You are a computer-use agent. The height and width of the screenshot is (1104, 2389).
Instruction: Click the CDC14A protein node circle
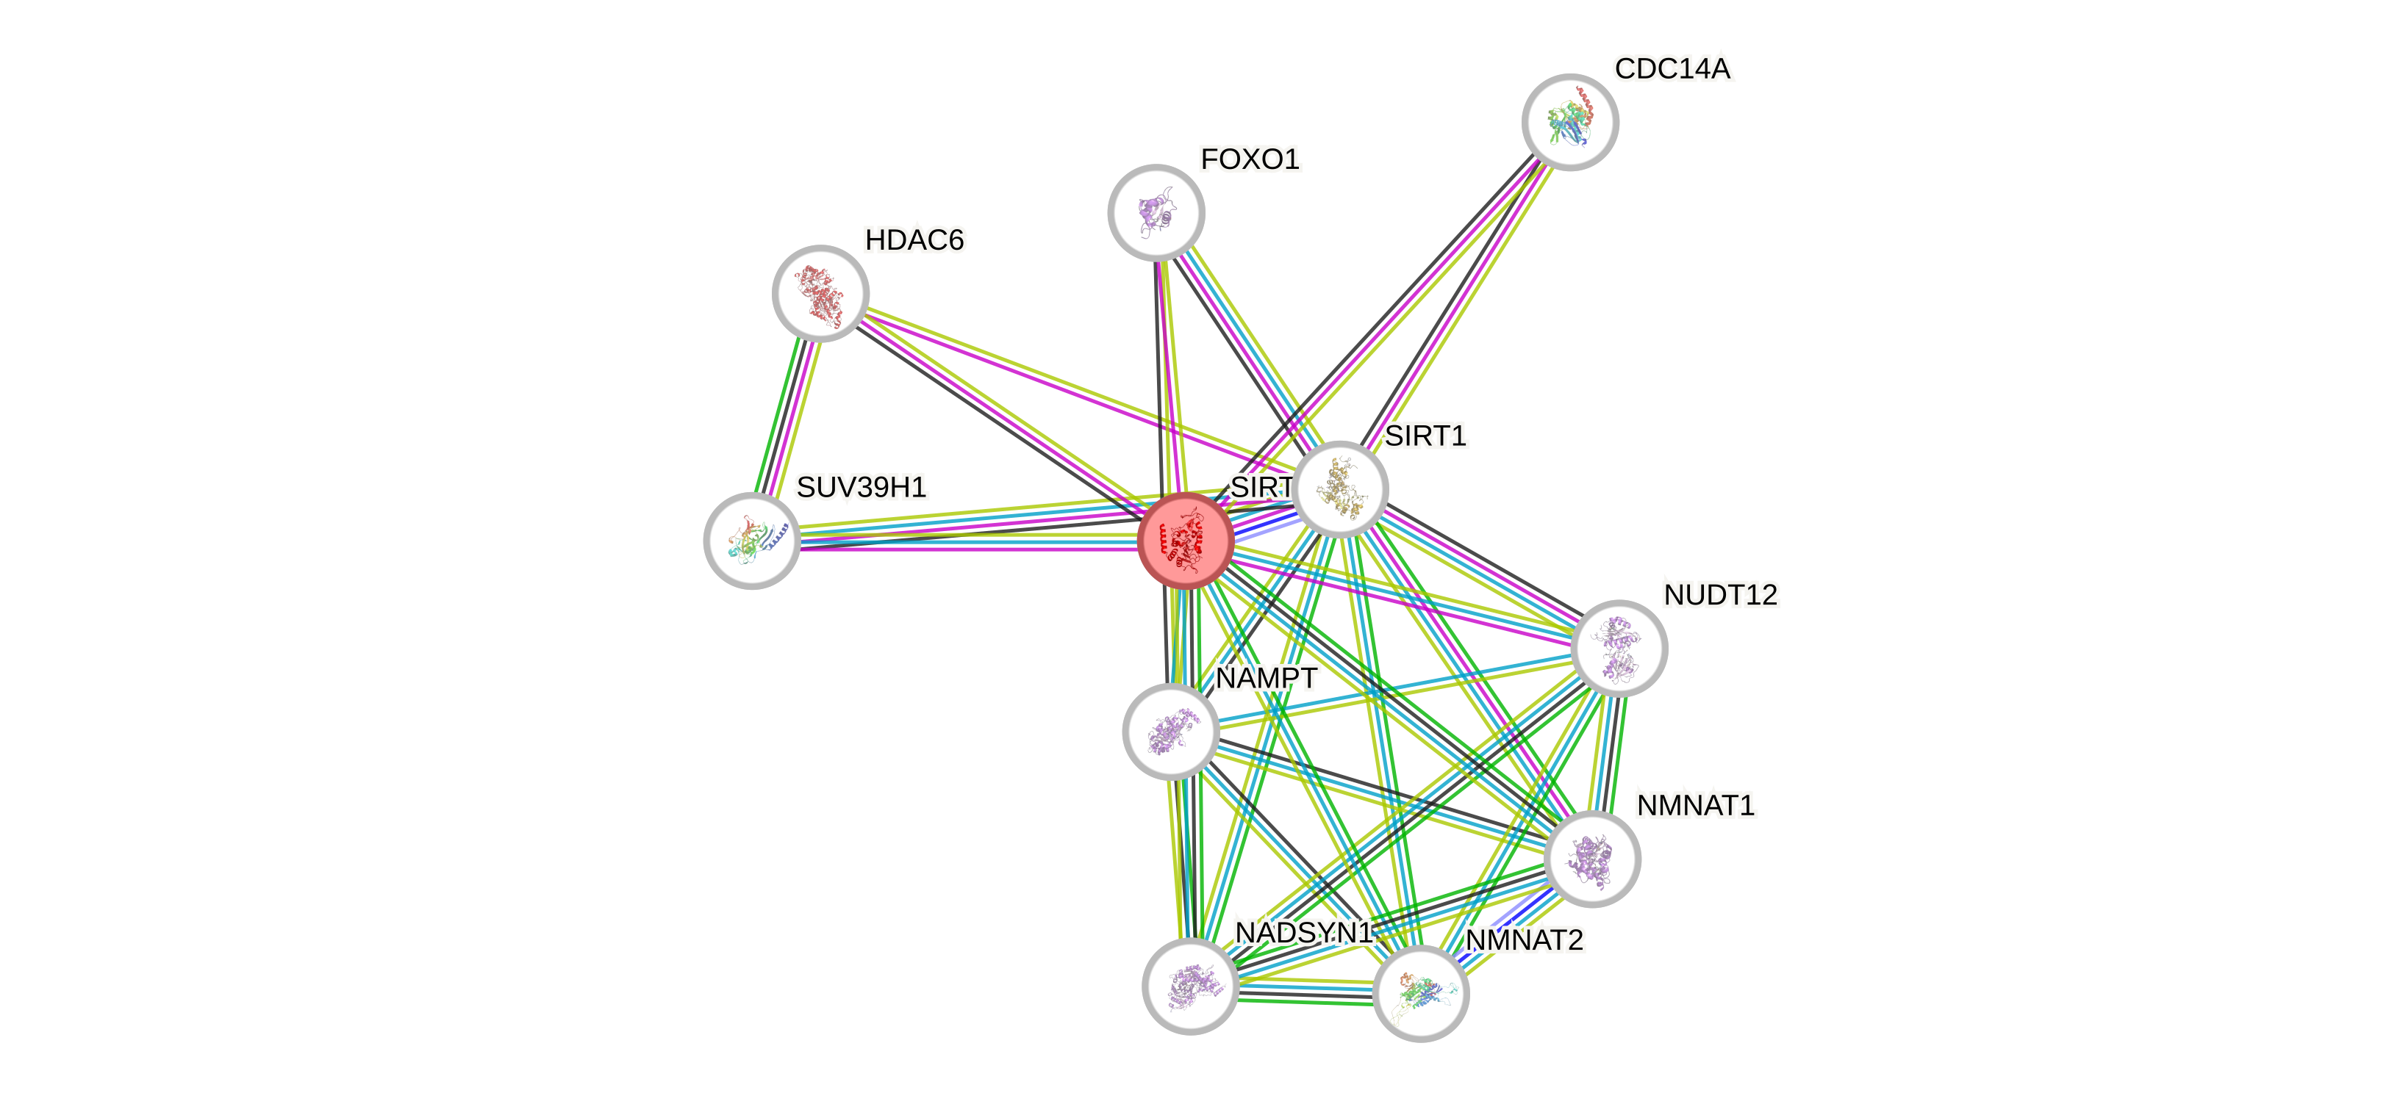1570,123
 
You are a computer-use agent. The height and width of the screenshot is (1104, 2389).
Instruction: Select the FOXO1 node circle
1156,212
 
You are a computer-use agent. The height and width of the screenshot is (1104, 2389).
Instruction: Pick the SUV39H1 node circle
752,541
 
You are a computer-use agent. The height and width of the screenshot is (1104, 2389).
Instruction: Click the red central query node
1185,541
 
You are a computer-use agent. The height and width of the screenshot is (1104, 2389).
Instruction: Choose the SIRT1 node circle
1340,488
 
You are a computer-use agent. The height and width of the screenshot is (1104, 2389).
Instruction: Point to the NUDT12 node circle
1619,648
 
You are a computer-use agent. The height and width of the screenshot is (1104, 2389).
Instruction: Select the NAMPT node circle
1170,732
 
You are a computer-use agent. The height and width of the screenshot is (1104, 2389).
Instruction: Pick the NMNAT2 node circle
1420,994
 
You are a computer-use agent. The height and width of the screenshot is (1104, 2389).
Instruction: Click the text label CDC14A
1672,68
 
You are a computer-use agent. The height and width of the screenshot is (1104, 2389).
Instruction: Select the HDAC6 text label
914,240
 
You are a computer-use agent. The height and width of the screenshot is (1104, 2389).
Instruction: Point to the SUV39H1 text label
861,487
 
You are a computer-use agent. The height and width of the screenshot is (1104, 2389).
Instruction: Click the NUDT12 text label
1720,594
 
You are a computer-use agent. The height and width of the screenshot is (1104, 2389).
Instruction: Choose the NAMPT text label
1265,679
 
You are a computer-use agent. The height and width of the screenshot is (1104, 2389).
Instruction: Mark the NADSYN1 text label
1303,931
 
